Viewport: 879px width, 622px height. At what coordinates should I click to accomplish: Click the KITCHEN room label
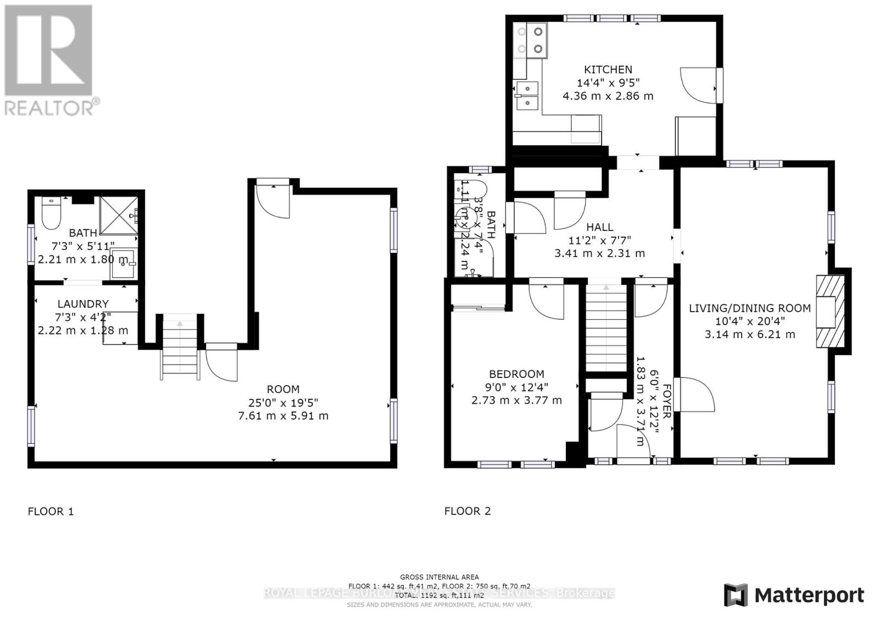(x=608, y=70)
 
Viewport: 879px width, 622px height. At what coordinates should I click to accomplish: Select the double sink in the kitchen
(x=527, y=95)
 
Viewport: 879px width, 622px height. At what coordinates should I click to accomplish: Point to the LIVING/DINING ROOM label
(x=749, y=308)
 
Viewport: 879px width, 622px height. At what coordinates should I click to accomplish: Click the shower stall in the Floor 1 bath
(x=119, y=215)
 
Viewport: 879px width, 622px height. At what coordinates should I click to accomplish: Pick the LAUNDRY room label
(x=83, y=304)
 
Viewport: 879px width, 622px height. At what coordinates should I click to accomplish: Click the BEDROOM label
(x=516, y=374)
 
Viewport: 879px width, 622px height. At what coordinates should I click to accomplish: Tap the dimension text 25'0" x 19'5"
(x=283, y=402)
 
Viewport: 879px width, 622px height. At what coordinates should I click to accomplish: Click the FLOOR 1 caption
(x=51, y=512)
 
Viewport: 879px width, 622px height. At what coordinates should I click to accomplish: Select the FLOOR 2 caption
(x=468, y=511)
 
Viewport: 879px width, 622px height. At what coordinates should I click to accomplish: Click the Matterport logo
(x=794, y=595)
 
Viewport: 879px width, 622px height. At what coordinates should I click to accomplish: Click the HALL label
(x=599, y=227)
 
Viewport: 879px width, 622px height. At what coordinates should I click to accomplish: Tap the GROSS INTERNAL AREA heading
(x=439, y=577)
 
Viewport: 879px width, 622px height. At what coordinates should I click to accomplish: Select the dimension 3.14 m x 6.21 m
(x=749, y=334)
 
